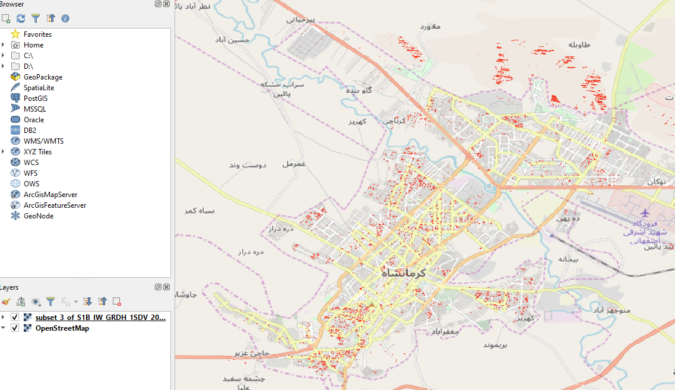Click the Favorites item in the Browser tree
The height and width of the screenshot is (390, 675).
coord(37,34)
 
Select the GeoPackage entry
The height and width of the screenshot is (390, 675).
coord(43,77)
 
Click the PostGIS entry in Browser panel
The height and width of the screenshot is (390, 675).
coord(36,99)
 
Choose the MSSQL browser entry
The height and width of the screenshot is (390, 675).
coord(34,109)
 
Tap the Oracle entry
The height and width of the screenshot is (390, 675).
coord(34,120)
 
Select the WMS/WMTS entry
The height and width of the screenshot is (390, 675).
coord(43,141)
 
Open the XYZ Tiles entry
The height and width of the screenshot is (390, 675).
coord(37,152)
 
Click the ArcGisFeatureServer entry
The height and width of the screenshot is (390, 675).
coord(55,205)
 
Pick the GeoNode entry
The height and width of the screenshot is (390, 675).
coord(39,216)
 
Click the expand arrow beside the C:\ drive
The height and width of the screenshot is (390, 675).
coord(4,56)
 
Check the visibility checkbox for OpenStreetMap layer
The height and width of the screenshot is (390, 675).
coord(15,328)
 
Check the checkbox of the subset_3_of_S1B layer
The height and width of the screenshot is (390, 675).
coord(15,318)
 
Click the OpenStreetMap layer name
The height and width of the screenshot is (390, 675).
coord(62,328)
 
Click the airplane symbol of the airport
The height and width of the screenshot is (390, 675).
coord(645,213)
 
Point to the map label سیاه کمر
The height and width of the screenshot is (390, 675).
coord(199,211)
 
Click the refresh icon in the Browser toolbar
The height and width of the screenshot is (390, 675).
coord(21,18)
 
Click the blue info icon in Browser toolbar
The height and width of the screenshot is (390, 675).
coord(65,18)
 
